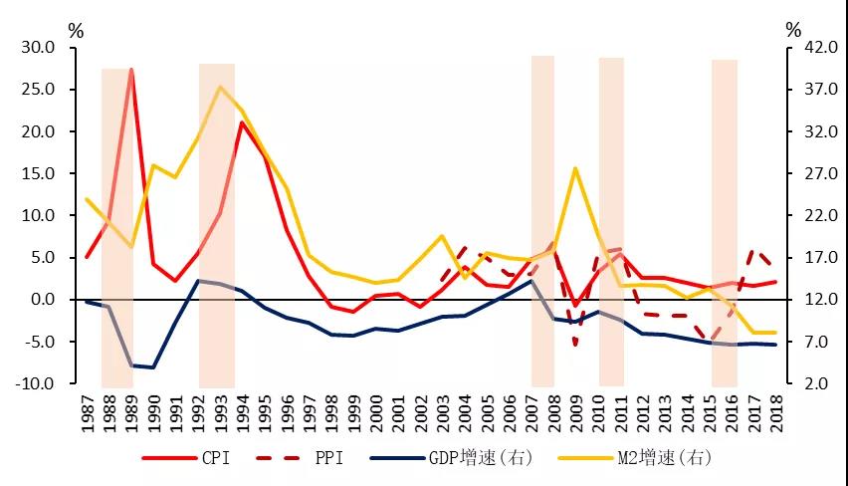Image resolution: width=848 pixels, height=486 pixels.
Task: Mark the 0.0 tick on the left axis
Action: tap(43, 300)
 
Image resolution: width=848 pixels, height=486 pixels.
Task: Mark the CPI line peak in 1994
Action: tap(242, 122)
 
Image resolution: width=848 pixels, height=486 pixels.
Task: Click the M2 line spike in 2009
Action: tap(575, 168)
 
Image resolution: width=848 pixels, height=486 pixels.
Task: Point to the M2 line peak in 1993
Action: tap(220, 87)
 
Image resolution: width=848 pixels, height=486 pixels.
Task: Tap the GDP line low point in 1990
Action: tap(153, 367)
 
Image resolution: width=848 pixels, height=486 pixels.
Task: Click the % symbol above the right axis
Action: tap(792, 29)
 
